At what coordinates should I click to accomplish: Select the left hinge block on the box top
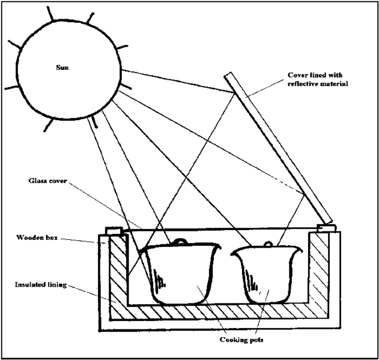pos(114,230)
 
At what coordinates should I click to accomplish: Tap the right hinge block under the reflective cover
pos(325,228)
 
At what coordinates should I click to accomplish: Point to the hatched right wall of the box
pos(318,270)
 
